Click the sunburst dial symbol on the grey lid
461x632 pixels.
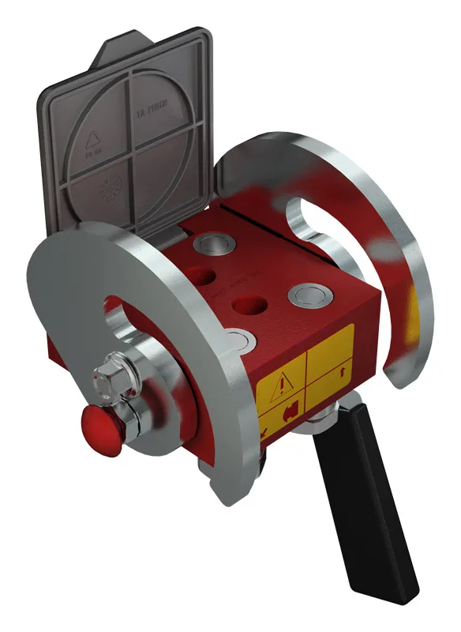click(x=113, y=189)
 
